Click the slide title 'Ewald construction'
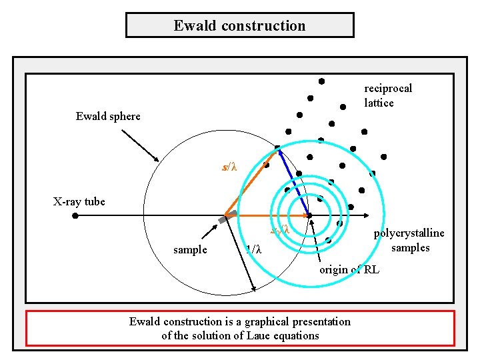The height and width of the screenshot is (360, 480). [239, 26]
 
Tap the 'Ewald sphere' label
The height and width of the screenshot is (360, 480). [108, 117]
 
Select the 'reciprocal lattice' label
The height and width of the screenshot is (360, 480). [388, 95]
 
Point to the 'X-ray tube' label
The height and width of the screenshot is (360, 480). [79, 201]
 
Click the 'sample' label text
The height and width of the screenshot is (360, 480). [190, 250]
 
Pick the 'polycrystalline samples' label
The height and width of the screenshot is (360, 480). [409, 241]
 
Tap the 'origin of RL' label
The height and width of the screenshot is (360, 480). [349, 270]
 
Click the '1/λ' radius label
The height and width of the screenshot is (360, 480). [253, 251]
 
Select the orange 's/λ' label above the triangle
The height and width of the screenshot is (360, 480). [229, 167]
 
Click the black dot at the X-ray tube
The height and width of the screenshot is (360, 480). [75, 216]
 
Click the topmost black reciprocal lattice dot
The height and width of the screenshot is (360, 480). [321, 81]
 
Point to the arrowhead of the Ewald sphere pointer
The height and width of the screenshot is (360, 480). [157, 159]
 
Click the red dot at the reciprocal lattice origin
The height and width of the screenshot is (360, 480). [309, 215]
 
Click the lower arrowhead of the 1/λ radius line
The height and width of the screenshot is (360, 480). [255, 290]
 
